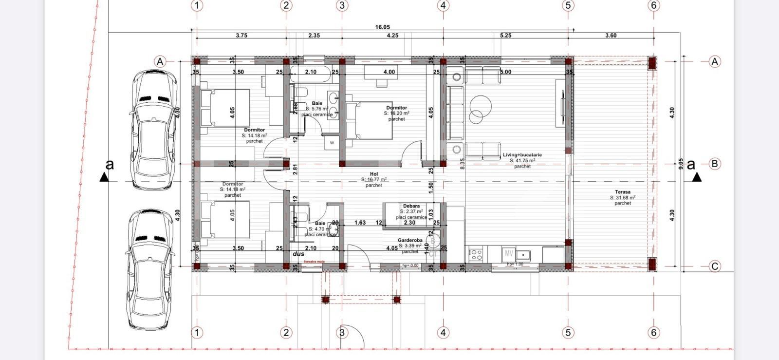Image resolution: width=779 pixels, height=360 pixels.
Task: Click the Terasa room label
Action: [622, 192]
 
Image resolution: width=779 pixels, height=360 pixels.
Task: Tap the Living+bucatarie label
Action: [522, 155]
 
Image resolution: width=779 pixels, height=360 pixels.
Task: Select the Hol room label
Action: [373, 174]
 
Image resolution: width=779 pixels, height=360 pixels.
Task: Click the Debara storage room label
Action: [411, 206]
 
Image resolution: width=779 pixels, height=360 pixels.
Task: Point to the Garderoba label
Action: [410, 240]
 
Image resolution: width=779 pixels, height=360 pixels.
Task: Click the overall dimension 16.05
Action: [382, 27]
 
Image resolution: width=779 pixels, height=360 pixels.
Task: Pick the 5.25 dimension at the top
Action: [505, 36]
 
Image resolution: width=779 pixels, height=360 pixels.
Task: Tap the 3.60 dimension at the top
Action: [611, 36]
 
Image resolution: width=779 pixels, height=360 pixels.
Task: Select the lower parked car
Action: [149, 269]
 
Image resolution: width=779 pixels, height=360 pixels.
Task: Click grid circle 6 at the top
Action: [653, 5]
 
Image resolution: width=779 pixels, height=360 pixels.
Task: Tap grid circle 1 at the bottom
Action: [197, 333]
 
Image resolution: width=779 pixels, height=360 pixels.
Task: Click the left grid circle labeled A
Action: [160, 62]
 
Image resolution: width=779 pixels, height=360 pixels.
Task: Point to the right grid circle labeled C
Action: [714, 266]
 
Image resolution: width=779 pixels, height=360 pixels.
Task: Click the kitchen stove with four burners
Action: [476, 254]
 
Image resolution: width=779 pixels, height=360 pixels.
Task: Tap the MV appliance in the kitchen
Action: [509, 253]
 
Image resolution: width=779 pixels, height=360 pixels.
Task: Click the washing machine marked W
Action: [332, 143]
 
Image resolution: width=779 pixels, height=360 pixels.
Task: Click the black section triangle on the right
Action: [697, 177]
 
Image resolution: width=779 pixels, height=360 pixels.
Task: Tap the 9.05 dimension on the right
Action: [681, 163]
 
